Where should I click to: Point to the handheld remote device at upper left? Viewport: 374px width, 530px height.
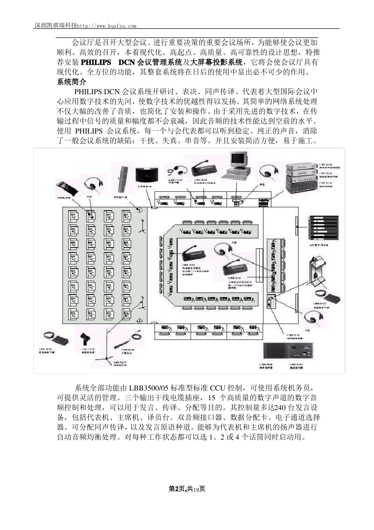[x=65, y=186]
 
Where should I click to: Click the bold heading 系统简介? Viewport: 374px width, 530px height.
[x=71, y=82]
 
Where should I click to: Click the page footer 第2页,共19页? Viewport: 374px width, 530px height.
[x=187, y=489]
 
